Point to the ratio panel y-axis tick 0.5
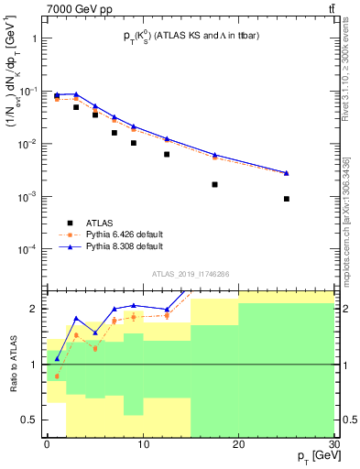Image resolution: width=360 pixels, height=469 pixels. coord(32,420)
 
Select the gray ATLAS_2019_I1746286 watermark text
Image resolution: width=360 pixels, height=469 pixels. coord(190,274)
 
